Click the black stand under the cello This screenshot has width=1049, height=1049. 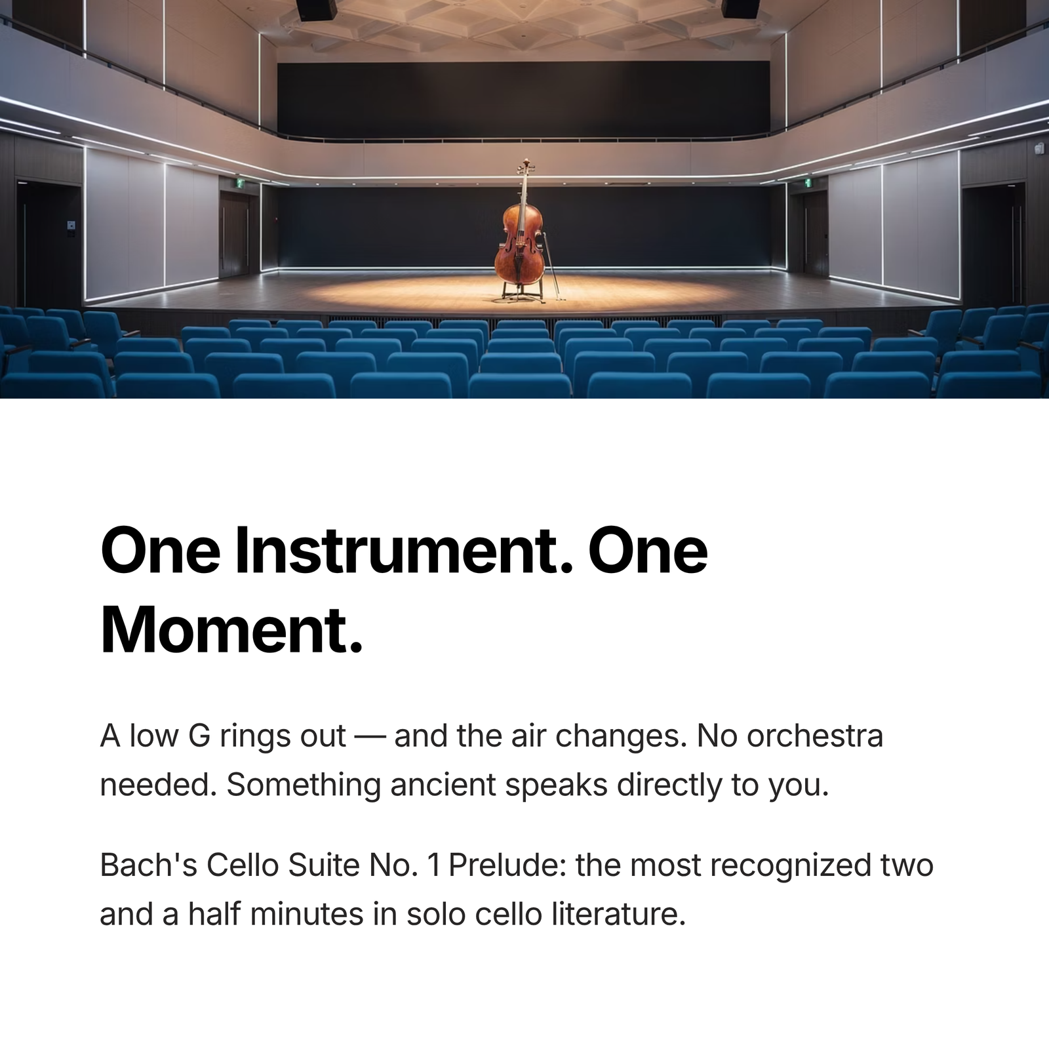coord(521,292)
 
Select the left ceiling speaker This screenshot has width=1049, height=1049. coord(317,9)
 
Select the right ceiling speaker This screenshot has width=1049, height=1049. coord(741,9)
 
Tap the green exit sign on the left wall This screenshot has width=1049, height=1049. coord(241,184)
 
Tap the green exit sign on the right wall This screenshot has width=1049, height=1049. coord(808,182)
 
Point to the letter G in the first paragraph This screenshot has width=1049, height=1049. coord(199,736)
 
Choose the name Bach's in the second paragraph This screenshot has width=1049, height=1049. coord(149,865)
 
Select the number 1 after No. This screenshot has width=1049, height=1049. coord(433,865)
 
